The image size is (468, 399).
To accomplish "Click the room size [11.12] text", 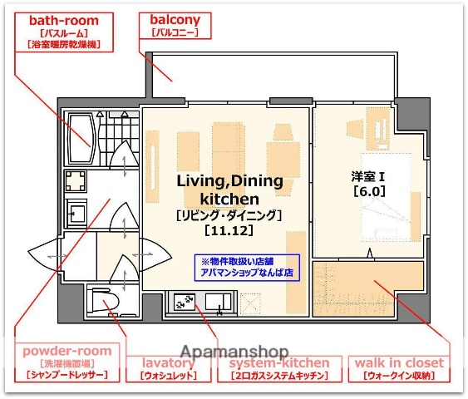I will pyautogui.click(x=229, y=230).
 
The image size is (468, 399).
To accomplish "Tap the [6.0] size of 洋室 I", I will pyautogui.click(x=368, y=190).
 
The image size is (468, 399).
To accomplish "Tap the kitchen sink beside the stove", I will pyautogui.click(x=219, y=302).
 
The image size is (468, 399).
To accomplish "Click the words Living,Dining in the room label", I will pyautogui.click(x=229, y=181).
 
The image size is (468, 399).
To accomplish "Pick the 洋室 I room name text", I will pyautogui.click(x=368, y=175).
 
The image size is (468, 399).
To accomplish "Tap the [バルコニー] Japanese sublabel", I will pyautogui.click(x=175, y=33).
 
